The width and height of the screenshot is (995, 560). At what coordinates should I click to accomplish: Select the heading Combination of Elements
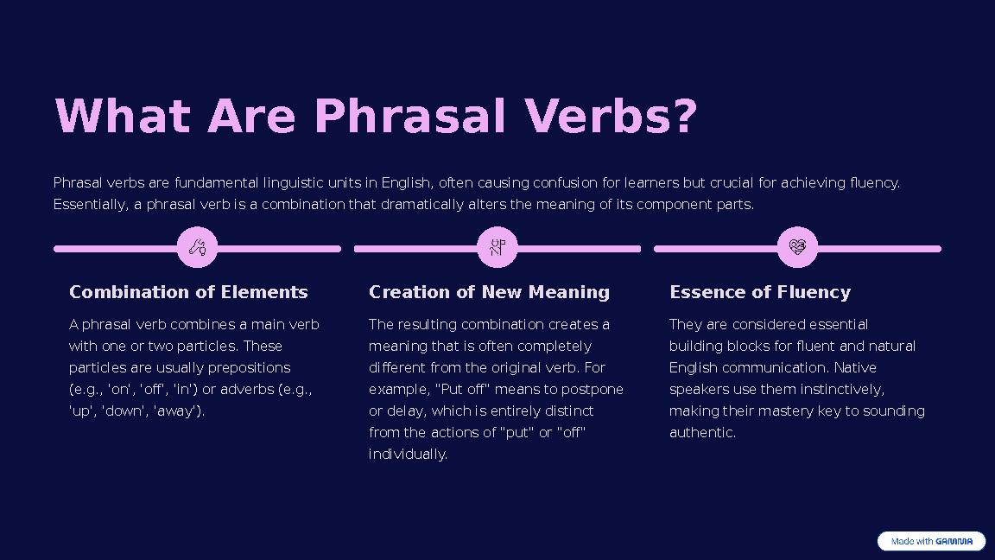click(188, 292)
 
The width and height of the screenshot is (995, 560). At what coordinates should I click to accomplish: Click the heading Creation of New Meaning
click(489, 292)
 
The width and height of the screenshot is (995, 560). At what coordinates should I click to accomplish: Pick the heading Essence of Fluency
click(759, 292)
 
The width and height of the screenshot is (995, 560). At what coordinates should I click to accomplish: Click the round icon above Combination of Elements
click(197, 248)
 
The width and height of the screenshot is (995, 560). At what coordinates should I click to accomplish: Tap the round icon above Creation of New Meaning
click(497, 248)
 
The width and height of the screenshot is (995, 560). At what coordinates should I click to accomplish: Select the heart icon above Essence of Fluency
click(797, 248)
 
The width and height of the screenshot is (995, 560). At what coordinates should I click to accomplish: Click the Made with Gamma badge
click(931, 541)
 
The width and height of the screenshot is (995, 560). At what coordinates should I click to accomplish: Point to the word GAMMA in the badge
click(954, 541)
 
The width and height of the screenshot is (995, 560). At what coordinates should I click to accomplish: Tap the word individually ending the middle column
click(408, 454)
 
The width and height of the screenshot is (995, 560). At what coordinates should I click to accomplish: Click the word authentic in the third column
click(702, 432)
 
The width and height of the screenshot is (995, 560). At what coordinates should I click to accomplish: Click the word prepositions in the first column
click(249, 367)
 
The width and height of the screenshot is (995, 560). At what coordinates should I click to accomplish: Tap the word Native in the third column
click(855, 367)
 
